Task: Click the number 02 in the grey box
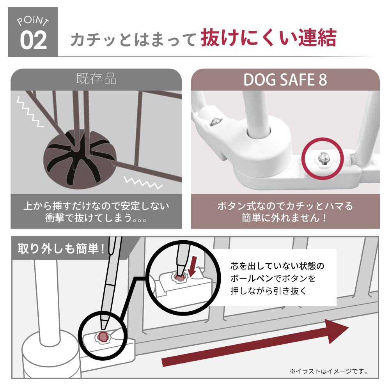(33, 40)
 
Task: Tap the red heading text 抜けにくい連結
(269, 38)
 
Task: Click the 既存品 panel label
(96, 79)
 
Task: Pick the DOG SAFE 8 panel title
(285, 80)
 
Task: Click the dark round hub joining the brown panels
(80, 159)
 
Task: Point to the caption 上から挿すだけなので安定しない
(96, 206)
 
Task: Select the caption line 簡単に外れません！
(285, 218)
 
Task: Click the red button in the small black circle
(103, 337)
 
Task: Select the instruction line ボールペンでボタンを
(273, 278)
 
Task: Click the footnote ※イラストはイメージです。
(329, 372)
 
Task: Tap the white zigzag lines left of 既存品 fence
(30, 112)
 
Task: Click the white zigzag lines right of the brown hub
(143, 183)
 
